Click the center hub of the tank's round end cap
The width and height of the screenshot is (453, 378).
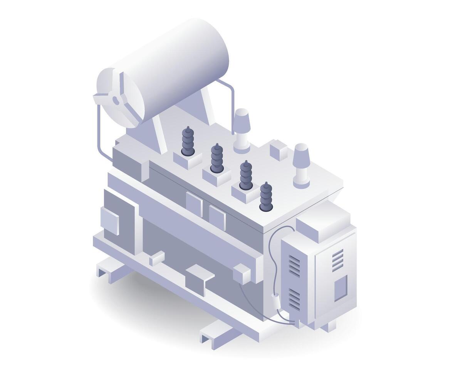click(x=115, y=100)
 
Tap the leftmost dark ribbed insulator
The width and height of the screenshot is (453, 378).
click(x=188, y=141)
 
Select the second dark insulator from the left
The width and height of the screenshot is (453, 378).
click(x=216, y=158)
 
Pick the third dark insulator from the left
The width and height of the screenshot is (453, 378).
click(x=246, y=175)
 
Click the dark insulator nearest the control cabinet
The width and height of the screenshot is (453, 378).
click(x=265, y=196)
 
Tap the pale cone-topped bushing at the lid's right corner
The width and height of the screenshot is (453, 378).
click(x=301, y=165)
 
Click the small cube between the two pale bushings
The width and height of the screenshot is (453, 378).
click(x=278, y=150)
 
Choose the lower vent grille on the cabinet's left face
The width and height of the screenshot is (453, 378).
click(x=294, y=299)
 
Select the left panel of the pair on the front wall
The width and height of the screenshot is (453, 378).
click(x=194, y=204)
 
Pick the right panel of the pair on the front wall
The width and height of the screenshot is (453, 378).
click(x=217, y=217)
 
